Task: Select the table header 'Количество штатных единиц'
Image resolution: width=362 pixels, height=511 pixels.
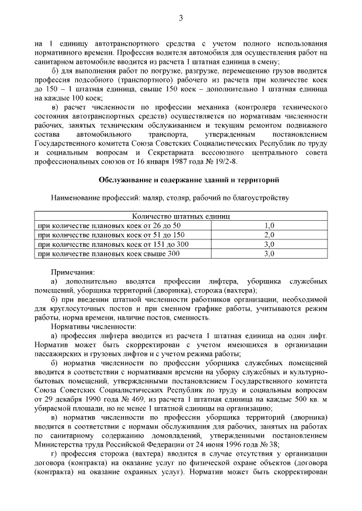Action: [181, 216]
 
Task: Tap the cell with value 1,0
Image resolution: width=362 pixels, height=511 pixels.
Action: [269, 225]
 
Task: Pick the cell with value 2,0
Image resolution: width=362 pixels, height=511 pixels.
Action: [269, 235]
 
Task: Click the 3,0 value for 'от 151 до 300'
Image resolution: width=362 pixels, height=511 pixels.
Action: [269, 244]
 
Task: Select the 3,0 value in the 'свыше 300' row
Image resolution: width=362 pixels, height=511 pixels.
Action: [269, 254]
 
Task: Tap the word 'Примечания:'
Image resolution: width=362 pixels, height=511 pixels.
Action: [73, 272]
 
